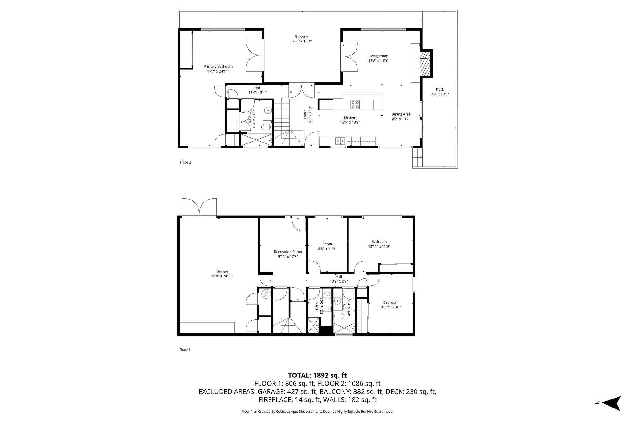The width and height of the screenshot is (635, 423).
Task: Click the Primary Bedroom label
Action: [x=218, y=66]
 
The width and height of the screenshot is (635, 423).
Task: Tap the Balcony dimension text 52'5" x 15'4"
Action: [x=301, y=41]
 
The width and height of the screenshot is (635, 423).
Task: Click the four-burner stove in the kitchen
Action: [x=355, y=104]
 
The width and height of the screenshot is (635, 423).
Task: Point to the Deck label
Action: [x=440, y=90]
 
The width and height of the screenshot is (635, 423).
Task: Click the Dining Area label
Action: [x=401, y=114]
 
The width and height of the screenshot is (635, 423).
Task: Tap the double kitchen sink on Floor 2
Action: [x=340, y=141]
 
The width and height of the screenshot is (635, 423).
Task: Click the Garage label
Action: [x=222, y=271]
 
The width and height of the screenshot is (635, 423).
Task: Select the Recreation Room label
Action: [x=288, y=252]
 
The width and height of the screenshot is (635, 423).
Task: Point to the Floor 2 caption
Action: [x=185, y=162]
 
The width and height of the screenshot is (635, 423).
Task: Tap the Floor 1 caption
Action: [x=185, y=350]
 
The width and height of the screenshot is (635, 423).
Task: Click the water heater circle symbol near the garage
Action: [x=265, y=293]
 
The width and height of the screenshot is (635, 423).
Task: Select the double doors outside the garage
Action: [x=199, y=207]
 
